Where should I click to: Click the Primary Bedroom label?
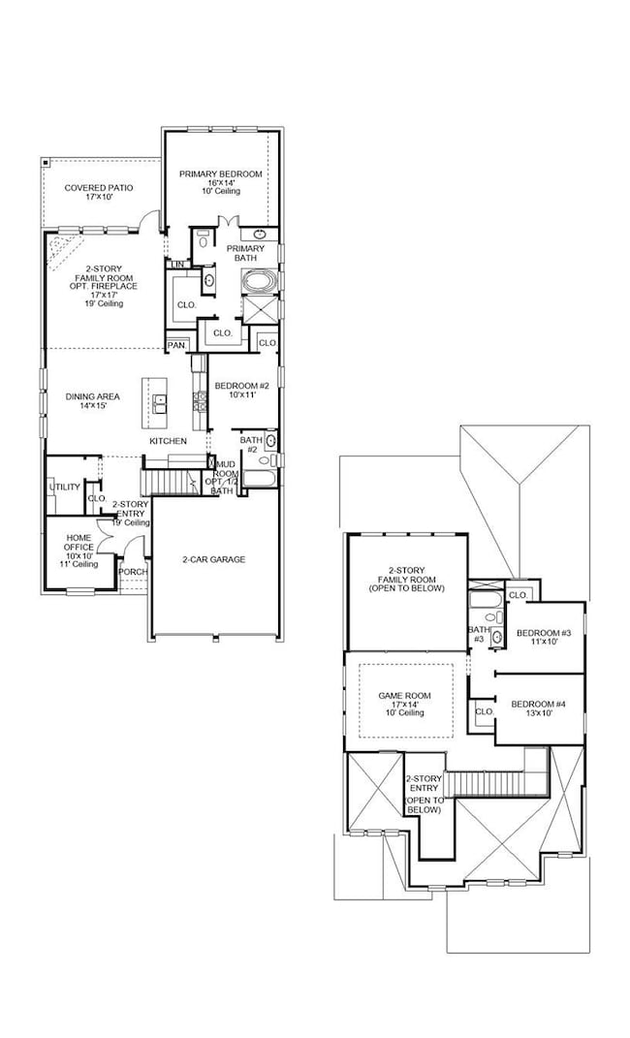[220, 173]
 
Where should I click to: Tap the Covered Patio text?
[99, 187]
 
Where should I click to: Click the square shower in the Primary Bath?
[260, 311]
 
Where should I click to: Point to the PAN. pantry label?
[176, 345]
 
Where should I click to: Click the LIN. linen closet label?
[177, 265]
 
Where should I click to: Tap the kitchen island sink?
[161, 402]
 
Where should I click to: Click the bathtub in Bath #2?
[257, 478]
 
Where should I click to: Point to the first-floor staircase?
[167, 480]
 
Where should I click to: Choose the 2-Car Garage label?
[213, 559]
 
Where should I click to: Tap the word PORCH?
[133, 572]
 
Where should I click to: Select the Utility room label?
[64, 487]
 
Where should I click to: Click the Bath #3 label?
[477, 634]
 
